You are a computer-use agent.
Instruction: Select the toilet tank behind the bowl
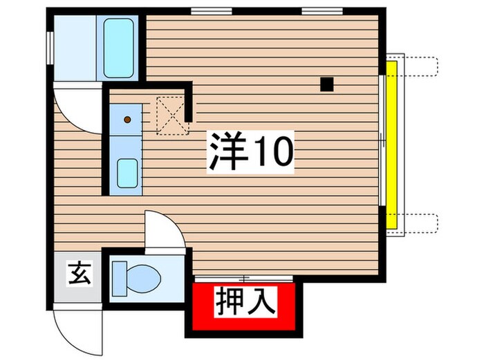click(x=120, y=279)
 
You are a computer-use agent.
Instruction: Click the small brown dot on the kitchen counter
click(x=127, y=120)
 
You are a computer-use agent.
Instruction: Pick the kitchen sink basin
click(x=127, y=174)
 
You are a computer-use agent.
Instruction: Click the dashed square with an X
click(x=171, y=115)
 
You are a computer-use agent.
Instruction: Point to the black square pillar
click(x=326, y=84)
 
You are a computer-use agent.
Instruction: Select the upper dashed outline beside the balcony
click(x=418, y=64)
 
